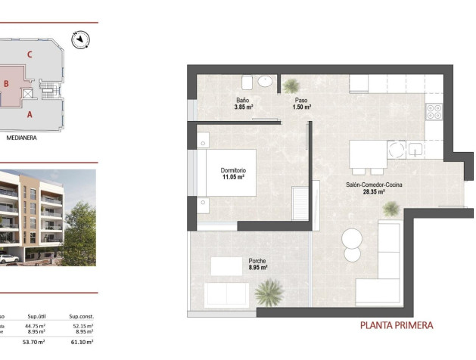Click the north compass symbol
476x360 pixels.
(x=81, y=38)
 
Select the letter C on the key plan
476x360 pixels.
(x=29, y=54)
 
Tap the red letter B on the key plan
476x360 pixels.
(x=6, y=84)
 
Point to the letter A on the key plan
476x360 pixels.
(x=30, y=115)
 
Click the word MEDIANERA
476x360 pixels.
(x=22, y=138)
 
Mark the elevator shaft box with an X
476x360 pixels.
(x=29, y=93)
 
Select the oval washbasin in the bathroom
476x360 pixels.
(x=266, y=82)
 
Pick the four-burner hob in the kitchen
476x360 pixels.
(x=434, y=112)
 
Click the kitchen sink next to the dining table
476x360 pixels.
(x=416, y=150)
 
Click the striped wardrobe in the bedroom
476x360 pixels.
(x=300, y=203)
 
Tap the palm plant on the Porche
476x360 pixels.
(x=269, y=291)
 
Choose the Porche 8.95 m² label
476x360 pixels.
(x=257, y=264)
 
